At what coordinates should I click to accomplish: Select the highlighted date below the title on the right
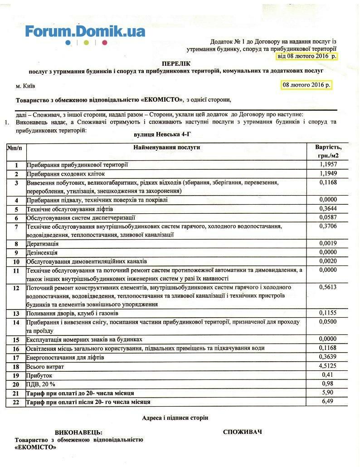(306, 85)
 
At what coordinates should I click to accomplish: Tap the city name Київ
(25, 86)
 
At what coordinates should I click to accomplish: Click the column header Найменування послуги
(166, 147)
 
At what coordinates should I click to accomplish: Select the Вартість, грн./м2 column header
(328, 151)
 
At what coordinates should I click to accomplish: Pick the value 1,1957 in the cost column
(327, 164)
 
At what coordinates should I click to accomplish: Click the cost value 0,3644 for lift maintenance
(327, 209)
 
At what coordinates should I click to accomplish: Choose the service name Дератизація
(43, 244)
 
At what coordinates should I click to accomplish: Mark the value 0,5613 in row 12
(327, 287)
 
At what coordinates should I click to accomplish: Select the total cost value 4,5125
(327, 366)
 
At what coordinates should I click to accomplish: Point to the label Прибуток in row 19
(40, 376)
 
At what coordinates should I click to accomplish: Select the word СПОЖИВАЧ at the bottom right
(242, 432)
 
